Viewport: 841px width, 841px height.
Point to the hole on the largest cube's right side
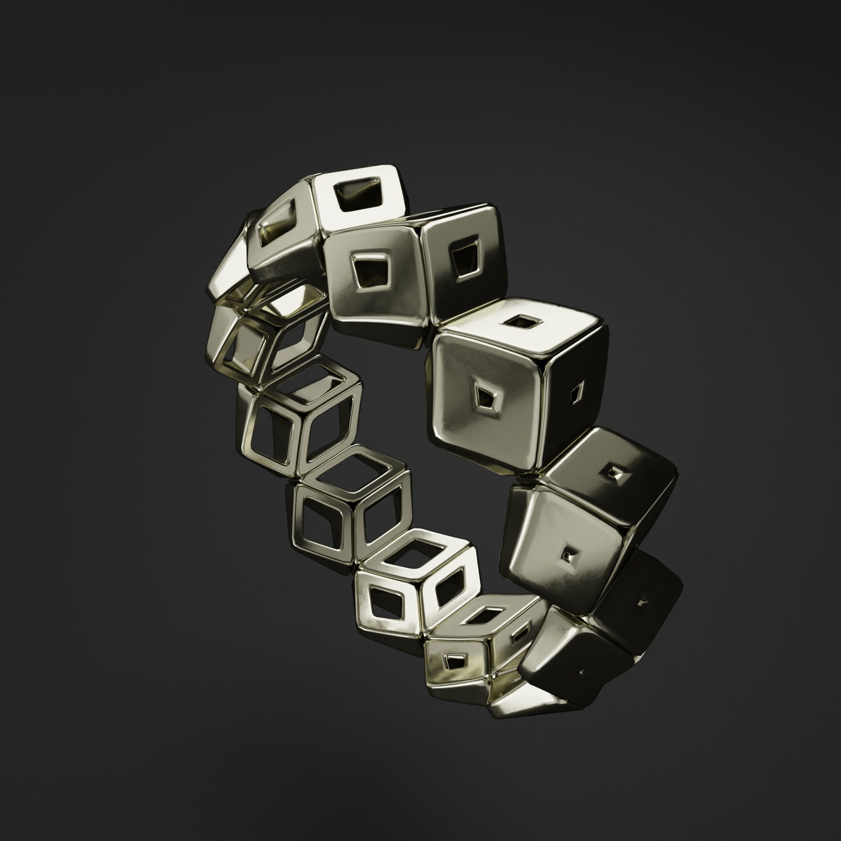[x=577, y=393]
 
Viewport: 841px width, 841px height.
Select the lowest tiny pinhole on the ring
[x=583, y=673]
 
